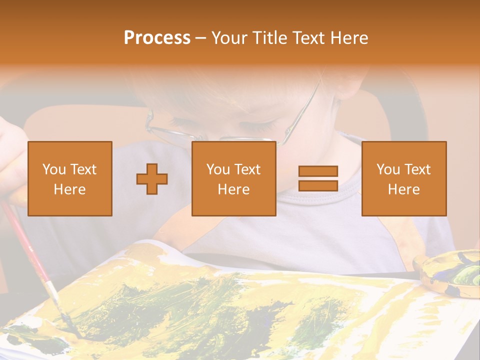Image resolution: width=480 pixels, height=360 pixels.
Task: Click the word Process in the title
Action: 157,38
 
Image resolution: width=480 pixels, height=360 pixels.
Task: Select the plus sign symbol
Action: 152,178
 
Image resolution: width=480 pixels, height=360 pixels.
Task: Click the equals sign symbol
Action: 318,178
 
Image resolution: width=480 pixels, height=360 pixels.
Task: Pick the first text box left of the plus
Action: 70,178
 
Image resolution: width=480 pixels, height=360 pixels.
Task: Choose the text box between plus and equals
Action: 233,178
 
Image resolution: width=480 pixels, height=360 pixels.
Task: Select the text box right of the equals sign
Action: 403,178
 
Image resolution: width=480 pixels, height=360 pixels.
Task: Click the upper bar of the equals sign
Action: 318,171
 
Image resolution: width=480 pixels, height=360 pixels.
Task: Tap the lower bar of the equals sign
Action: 318,185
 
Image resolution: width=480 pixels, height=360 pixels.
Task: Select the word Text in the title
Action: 308,38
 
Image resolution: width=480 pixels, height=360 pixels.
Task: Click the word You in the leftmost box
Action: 54,169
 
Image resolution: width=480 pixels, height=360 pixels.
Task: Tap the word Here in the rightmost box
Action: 403,189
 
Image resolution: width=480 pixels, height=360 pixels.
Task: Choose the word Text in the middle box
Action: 247,169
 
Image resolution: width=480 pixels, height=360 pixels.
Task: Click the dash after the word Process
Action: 201,38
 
